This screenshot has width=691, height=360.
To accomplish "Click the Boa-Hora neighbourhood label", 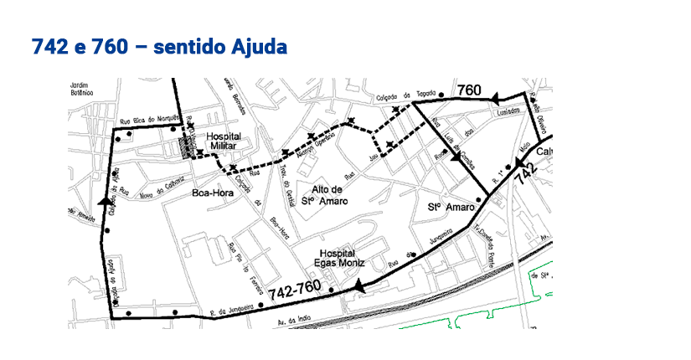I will tap(211, 193).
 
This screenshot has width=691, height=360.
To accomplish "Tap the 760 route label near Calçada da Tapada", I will tap(469, 90).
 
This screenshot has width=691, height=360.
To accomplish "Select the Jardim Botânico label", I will tap(81, 90).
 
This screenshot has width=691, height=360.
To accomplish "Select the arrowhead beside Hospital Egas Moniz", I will tap(360, 287).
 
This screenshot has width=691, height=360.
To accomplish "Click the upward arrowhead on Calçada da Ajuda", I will tap(107, 202).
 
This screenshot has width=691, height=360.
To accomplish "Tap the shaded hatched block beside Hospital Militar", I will tap(186, 149).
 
